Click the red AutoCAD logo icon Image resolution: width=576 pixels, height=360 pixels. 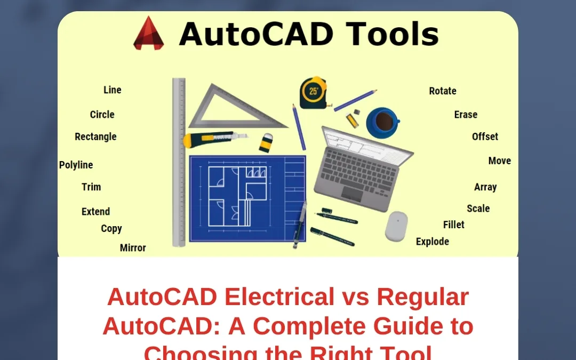tap(149, 34)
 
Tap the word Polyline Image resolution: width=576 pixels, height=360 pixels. tap(76, 165)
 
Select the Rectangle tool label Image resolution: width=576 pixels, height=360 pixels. tap(95, 137)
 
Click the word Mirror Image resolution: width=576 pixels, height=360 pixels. tap(133, 247)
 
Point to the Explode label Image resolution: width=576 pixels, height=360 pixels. tap(433, 242)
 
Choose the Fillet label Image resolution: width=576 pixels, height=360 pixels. tap(454, 225)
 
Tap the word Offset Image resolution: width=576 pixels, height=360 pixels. tap(485, 137)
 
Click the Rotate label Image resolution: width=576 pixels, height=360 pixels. tap(443, 91)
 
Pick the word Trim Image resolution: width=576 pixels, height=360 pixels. tap(91, 187)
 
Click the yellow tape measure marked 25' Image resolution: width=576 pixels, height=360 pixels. tap(313, 93)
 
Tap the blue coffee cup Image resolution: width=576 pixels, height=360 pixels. tap(383, 122)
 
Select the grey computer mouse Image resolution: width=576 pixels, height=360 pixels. tap(396, 226)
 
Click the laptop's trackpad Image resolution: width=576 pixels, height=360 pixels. tap(351, 194)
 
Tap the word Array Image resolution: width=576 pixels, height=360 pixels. tap(485, 187)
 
